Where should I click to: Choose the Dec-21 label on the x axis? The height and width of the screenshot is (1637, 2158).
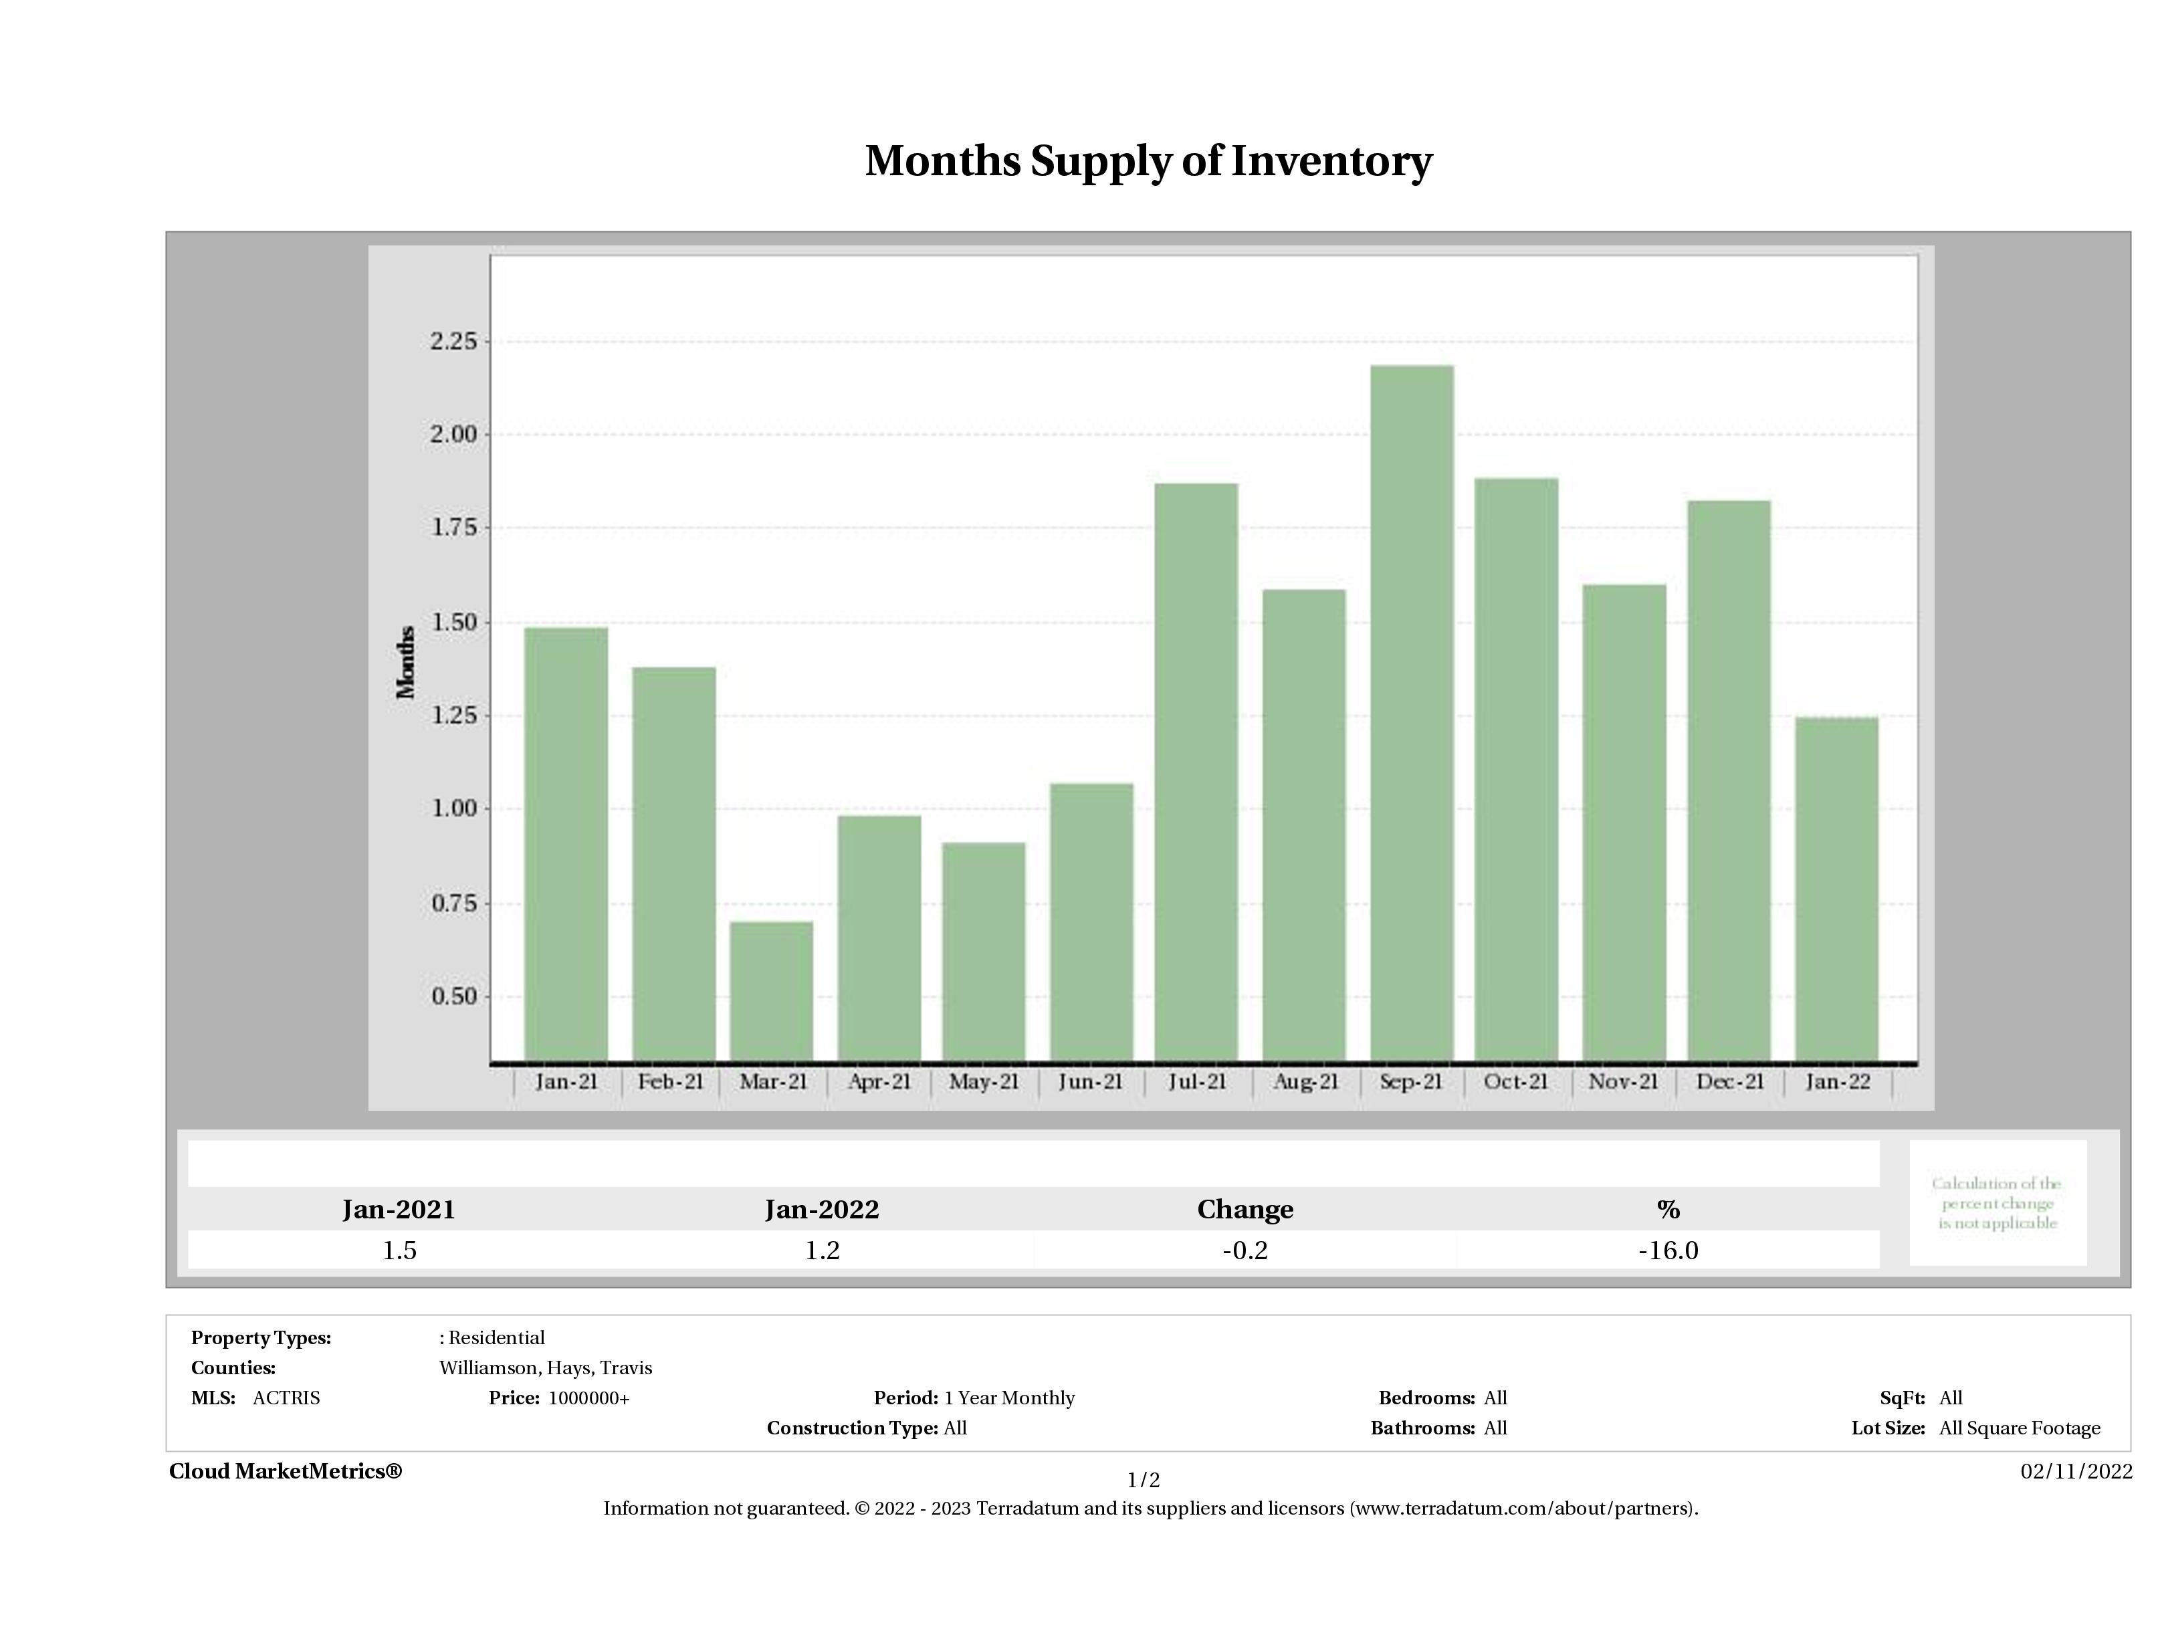coord(1730,1082)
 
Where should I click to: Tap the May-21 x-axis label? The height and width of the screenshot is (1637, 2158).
coord(984,1082)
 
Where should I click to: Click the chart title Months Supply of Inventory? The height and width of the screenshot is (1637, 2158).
coord(1148,161)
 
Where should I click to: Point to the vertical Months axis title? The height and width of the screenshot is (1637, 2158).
coord(406,663)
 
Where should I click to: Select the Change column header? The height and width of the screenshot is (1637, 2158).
coord(1245,1210)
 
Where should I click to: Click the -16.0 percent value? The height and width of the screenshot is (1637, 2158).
coord(1668,1250)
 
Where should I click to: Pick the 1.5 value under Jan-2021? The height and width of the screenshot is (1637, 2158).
coord(399,1250)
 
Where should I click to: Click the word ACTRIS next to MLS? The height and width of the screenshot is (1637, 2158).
coord(286,1398)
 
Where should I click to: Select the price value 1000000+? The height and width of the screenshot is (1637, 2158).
coord(588,1398)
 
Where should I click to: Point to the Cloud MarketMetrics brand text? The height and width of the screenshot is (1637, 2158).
coord(285,1471)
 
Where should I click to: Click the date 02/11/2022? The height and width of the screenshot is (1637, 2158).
coord(2076,1471)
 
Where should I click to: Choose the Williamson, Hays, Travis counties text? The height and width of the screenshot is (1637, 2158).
coord(546,1368)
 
